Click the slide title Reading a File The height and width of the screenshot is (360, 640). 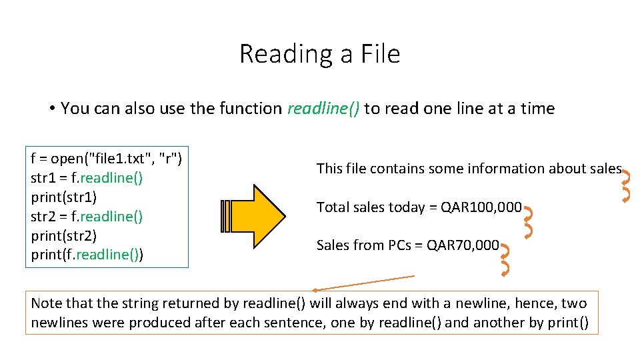(319, 54)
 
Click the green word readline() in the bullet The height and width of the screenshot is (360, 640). (323, 109)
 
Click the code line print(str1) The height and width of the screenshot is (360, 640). (64, 197)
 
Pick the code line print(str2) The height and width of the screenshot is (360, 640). (64, 235)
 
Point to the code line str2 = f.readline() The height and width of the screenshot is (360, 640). (87, 217)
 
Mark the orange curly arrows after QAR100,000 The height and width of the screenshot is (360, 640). (528, 222)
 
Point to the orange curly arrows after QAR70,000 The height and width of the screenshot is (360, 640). (505, 259)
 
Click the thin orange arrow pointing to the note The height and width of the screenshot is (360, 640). (363, 283)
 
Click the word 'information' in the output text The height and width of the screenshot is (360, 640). (510, 169)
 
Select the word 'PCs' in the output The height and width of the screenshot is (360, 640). (399, 245)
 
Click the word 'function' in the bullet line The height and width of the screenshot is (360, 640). (249, 109)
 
